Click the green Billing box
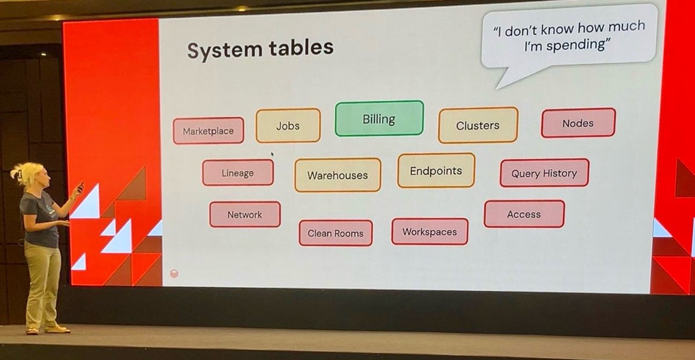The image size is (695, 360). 379,119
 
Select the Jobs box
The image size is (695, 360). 288,126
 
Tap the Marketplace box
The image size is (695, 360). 209,131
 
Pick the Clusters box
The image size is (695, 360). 478,125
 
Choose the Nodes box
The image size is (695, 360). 578,123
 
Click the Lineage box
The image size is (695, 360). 237,172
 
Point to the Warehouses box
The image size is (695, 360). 337,175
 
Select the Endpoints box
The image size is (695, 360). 436,171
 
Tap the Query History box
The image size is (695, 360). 544,173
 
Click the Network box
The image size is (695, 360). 244,214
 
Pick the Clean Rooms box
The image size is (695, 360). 335,233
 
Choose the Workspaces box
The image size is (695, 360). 430,232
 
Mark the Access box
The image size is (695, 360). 524,214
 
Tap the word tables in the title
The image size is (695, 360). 297,47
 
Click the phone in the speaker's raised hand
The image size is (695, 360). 81,186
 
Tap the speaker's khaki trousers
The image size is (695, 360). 42,284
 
